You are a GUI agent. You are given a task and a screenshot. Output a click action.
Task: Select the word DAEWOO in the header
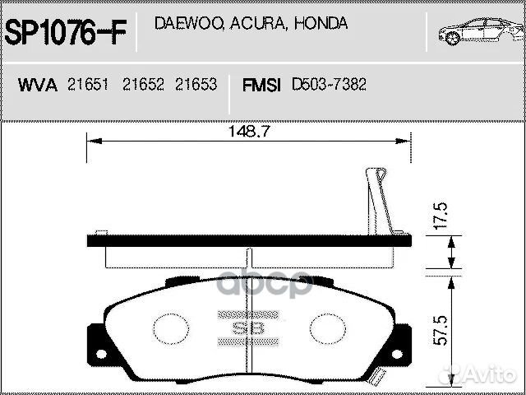coord(186,24)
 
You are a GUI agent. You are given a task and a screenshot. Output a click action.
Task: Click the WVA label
coord(38,86)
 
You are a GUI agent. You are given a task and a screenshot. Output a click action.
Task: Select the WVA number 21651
coord(88,86)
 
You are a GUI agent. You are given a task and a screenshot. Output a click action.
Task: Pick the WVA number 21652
coord(142,86)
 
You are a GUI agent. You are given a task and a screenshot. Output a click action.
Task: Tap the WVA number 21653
coord(196,86)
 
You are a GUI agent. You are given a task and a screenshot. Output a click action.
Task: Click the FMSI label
coord(261,86)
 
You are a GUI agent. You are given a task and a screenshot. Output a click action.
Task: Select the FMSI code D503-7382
coord(329,86)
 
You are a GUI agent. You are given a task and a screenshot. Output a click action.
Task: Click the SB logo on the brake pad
coord(247,328)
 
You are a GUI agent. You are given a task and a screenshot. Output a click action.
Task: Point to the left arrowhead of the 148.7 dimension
coord(91,141)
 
